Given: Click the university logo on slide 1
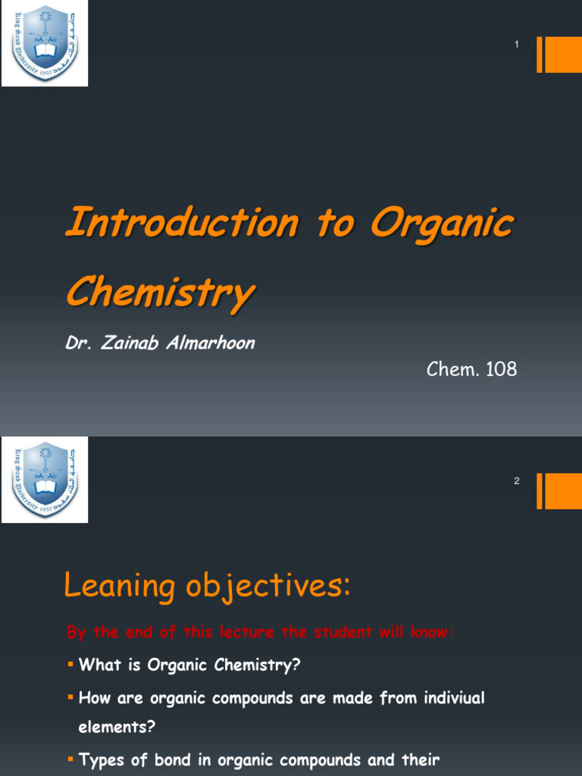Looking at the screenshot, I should tap(45, 43).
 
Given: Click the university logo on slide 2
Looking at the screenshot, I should tap(45, 480).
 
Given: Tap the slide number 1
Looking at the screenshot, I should tap(517, 45).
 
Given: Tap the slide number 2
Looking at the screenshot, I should tap(517, 481).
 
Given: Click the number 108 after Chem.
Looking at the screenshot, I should tap(499, 370).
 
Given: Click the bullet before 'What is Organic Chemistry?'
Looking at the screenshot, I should tap(70, 665).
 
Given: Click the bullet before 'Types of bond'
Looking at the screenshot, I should tap(70, 759).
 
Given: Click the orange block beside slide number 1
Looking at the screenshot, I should tap(563, 55).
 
